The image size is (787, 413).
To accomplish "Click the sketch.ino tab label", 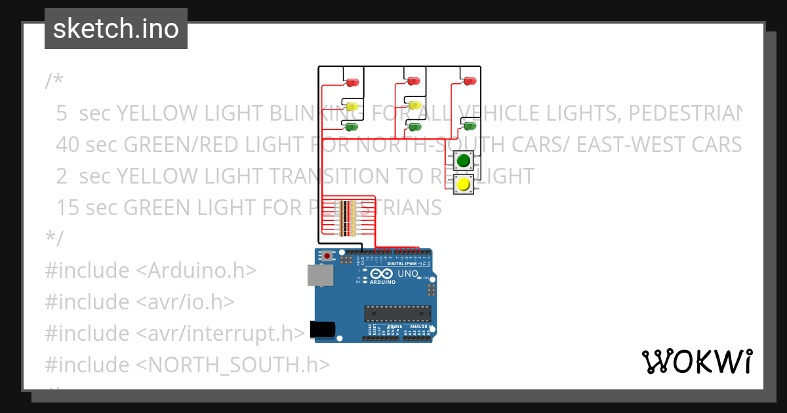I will [x=116, y=29].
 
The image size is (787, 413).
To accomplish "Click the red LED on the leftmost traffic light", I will [x=352, y=83].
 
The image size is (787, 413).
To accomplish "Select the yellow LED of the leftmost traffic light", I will [x=352, y=106].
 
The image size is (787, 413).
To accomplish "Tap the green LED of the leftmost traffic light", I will [x=352, y=126].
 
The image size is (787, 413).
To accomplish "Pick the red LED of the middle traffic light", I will [x=413, y=81].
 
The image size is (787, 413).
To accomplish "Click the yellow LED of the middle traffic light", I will [x=414, y=105].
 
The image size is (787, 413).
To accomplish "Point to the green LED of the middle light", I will [x=414, y=126].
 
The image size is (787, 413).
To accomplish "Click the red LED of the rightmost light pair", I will [x=469, y=81].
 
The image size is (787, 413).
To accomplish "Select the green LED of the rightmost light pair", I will [x=470, y=125].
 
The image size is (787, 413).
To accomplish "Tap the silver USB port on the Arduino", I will [x=321, y=275].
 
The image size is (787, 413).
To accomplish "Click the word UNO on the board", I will [x=408, y=273].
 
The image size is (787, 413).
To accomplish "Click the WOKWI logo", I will [x=696, y=361].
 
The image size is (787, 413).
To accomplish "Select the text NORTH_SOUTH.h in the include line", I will [x=236, y=364].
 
